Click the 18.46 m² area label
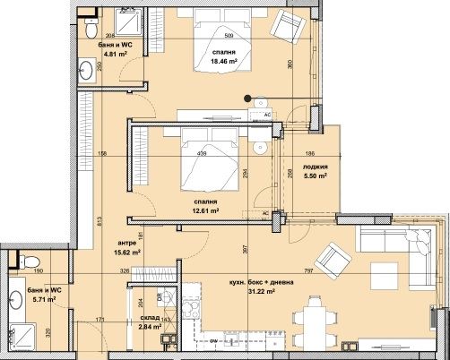point(223,63)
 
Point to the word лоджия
point(315,167)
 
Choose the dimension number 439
point(203,153)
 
